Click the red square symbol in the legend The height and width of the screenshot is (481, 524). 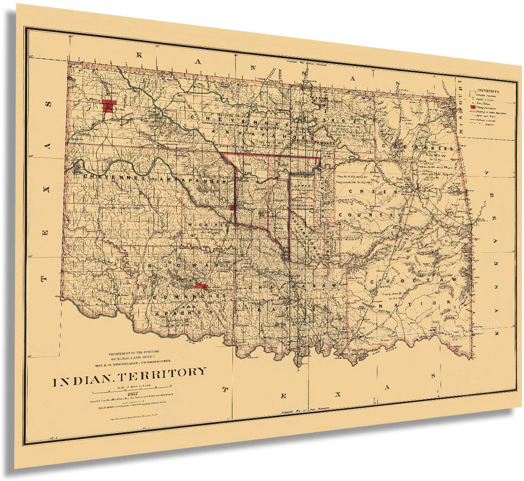tap(472, 108)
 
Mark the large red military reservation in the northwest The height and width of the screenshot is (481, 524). tap(109, 105)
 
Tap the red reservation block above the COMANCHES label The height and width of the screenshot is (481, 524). tap(201, 286)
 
